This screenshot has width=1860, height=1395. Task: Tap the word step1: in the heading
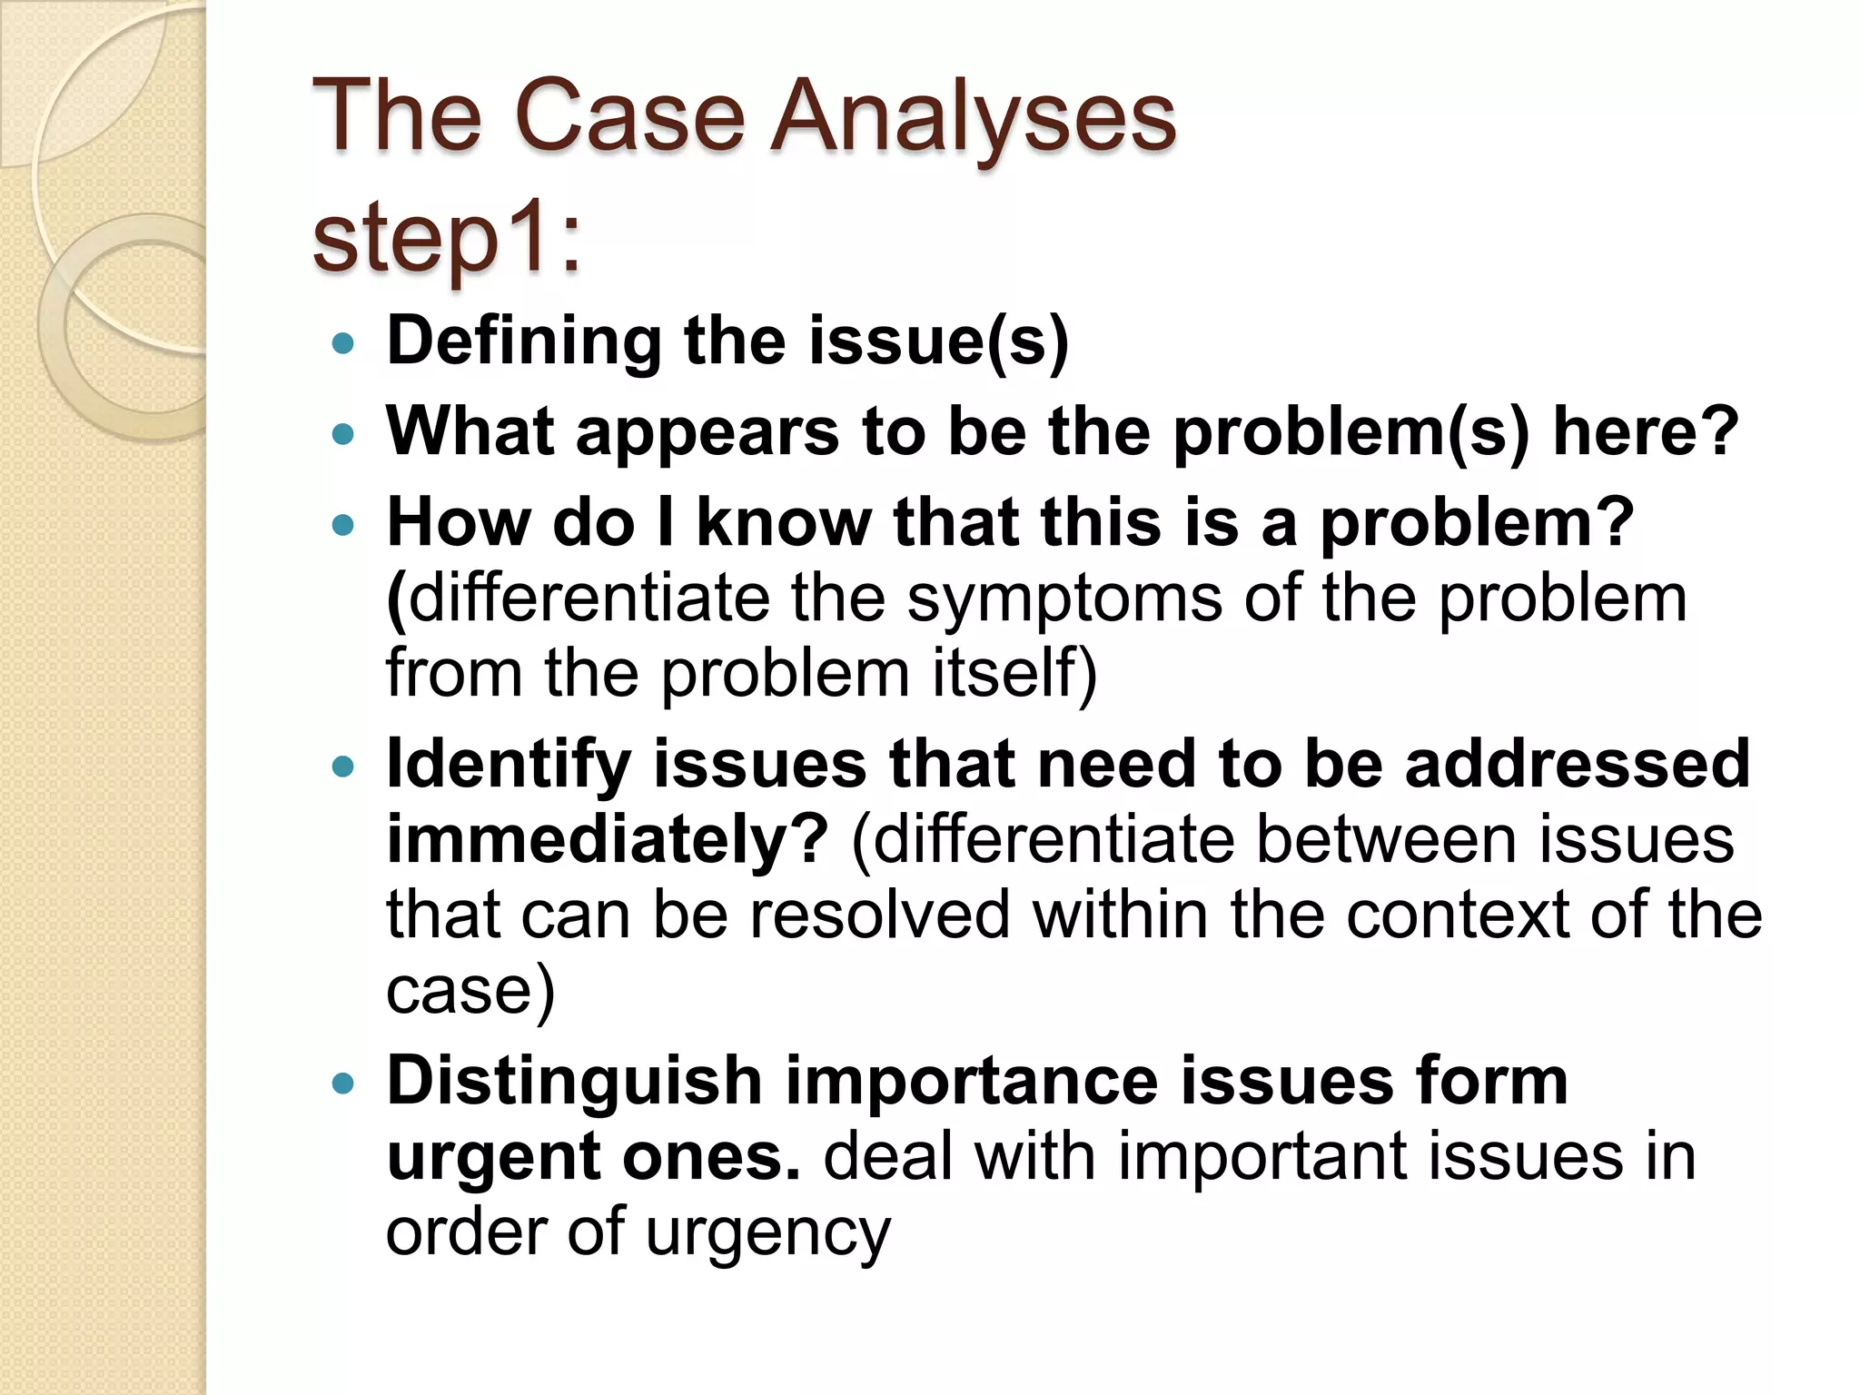coord(446,239)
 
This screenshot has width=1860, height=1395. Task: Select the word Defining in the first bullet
coord(523,341)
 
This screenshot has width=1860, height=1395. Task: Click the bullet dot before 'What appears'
coord(342,435)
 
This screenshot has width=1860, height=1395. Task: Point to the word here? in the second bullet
coord(1645,431)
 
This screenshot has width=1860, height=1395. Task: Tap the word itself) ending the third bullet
coord(1014,674)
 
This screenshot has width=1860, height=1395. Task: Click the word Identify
coord(509,765)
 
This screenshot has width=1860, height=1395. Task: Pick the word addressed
coord(1578,763)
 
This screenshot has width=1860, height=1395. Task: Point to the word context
coord(1457,914)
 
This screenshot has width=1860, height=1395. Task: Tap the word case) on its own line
coord(470,989)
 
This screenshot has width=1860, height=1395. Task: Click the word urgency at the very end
coord(768,1233)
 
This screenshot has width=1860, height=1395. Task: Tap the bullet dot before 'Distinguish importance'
coord(342,1083)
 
